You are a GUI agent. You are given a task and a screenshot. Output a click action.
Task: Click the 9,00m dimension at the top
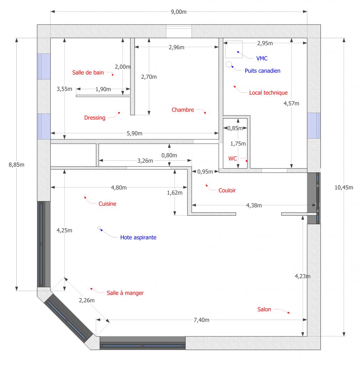coord(179,12)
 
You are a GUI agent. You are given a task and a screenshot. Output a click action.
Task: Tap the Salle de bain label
coord(88,73)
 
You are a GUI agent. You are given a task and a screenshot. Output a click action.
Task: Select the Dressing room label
coord(95,118)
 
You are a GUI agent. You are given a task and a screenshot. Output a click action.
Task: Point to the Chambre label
coord(183,110)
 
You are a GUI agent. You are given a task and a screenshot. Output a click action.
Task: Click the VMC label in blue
coord(262,58)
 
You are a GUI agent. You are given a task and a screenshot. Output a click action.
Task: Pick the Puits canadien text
coord(262,71)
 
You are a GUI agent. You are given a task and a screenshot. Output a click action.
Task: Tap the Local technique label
coord(268,93)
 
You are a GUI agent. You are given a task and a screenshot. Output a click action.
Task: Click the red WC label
coord(232,159)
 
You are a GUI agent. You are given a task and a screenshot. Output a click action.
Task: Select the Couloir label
coord(227,190)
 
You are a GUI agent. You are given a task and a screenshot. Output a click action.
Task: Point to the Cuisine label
coord(107,204)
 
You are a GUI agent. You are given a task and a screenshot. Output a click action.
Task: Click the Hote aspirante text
coord(138,237)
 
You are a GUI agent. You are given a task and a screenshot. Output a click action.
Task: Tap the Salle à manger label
coord(125,293)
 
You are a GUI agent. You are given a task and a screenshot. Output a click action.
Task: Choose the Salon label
coord(264,309)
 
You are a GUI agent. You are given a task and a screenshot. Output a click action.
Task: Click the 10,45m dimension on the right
coord(344,187)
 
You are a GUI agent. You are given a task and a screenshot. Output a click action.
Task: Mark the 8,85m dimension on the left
coord(16,165)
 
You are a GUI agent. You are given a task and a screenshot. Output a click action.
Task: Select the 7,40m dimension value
coord(202,320)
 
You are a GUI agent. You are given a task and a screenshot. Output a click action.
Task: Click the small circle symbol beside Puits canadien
coord(229,64)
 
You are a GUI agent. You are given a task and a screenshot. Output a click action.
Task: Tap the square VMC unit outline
coord(234,49)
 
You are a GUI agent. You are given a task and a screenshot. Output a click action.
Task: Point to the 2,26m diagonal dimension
coord(87,300)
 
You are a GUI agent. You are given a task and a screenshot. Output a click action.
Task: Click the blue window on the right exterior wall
coord(314,126)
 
